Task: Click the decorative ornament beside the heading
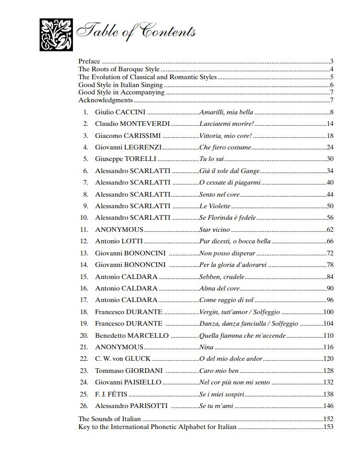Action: coord(54,35)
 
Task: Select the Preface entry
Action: coord(89,61)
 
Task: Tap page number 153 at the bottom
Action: coord(329,426)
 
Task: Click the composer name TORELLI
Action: coord(138,159)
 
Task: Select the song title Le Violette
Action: coord(215,206)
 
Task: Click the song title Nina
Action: coord(206,347)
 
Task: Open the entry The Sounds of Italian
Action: coord(110,419)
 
